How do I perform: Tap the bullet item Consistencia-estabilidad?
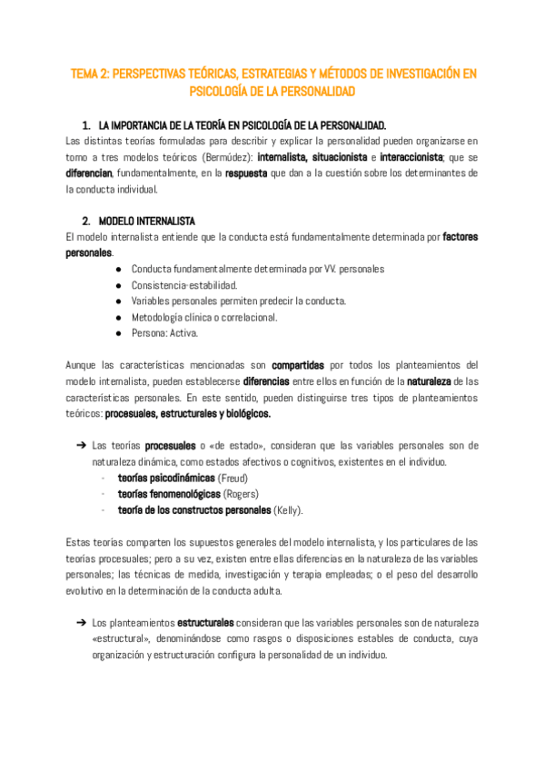[178, 285]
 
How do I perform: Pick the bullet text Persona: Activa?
[165, 333]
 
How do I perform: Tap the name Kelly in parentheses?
[289, 510]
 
